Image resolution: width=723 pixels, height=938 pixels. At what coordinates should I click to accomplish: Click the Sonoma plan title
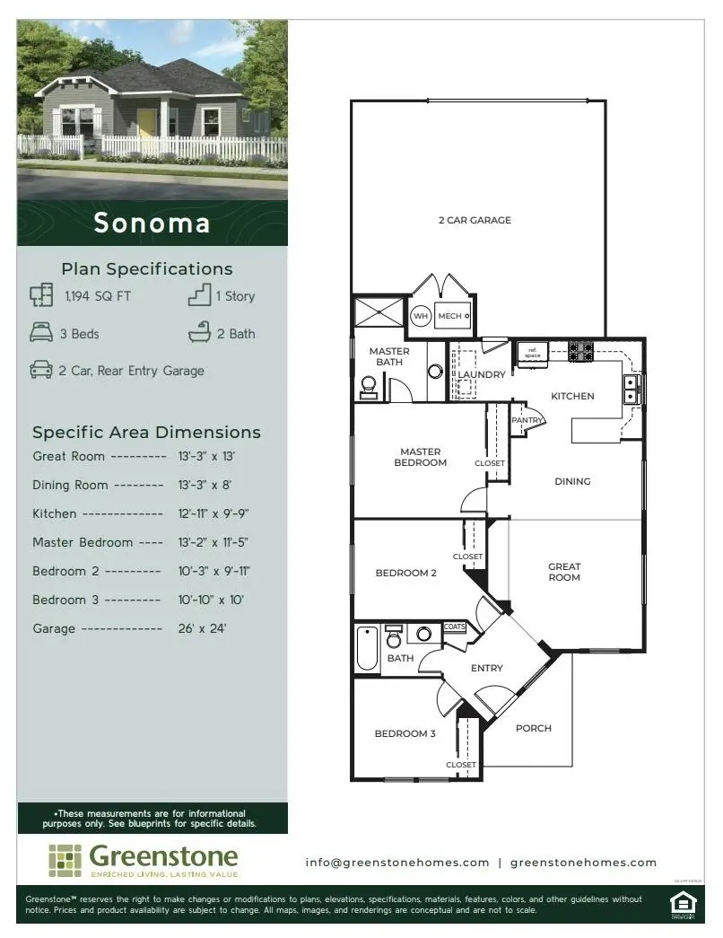click(x=152, y=223)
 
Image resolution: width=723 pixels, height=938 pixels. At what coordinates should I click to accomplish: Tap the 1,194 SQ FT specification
click(x=98, y=296)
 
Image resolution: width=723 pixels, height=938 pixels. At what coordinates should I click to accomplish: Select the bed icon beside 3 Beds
click(x=41, y=334)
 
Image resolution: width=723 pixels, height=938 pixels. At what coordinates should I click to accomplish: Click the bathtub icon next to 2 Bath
click(x=199, y=334)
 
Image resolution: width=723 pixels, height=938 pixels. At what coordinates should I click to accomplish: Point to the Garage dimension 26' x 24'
click(x=202, y=628)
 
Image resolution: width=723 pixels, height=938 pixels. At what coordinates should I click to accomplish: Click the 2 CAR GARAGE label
click(x=475, y=220)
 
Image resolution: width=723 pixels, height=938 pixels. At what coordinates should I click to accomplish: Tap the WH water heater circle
click(x=421, y=317)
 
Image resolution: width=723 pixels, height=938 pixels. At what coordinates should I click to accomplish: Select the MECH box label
click(x=450, y=316)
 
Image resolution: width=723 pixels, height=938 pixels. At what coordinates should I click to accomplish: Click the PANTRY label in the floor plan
click(x=527, y=420)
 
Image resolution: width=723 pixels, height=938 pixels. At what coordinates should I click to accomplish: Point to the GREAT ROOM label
click(x=564, y=572)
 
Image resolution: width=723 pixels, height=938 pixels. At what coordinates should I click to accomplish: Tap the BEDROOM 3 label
click(x=405, y=733)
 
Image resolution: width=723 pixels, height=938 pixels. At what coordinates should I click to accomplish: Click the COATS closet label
click(x=455, y=627)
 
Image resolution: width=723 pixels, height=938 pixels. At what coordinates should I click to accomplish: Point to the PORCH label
click(x=533, y=728)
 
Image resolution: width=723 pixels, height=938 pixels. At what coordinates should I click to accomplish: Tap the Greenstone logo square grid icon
click(x=65, y=860)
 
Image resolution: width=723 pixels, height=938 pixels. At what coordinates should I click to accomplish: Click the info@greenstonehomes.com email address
click(x=397, y=862)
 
